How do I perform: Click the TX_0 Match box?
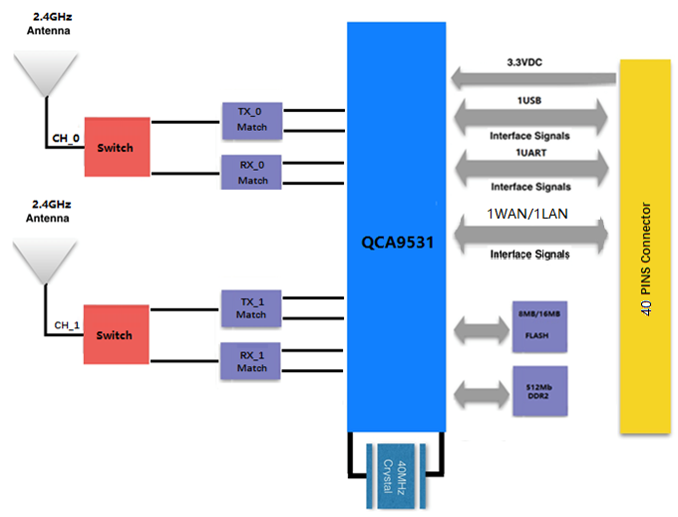pos(252,120)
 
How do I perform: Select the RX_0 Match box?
pos(252,172)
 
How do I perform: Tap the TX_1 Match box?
pos(251,307)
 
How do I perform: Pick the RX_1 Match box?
pos(251,360)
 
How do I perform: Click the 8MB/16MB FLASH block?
pos(538,326)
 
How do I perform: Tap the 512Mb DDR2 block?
pos(538,389)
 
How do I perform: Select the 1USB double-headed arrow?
pos(530,117)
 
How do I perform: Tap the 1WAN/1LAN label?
pos(529,214)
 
